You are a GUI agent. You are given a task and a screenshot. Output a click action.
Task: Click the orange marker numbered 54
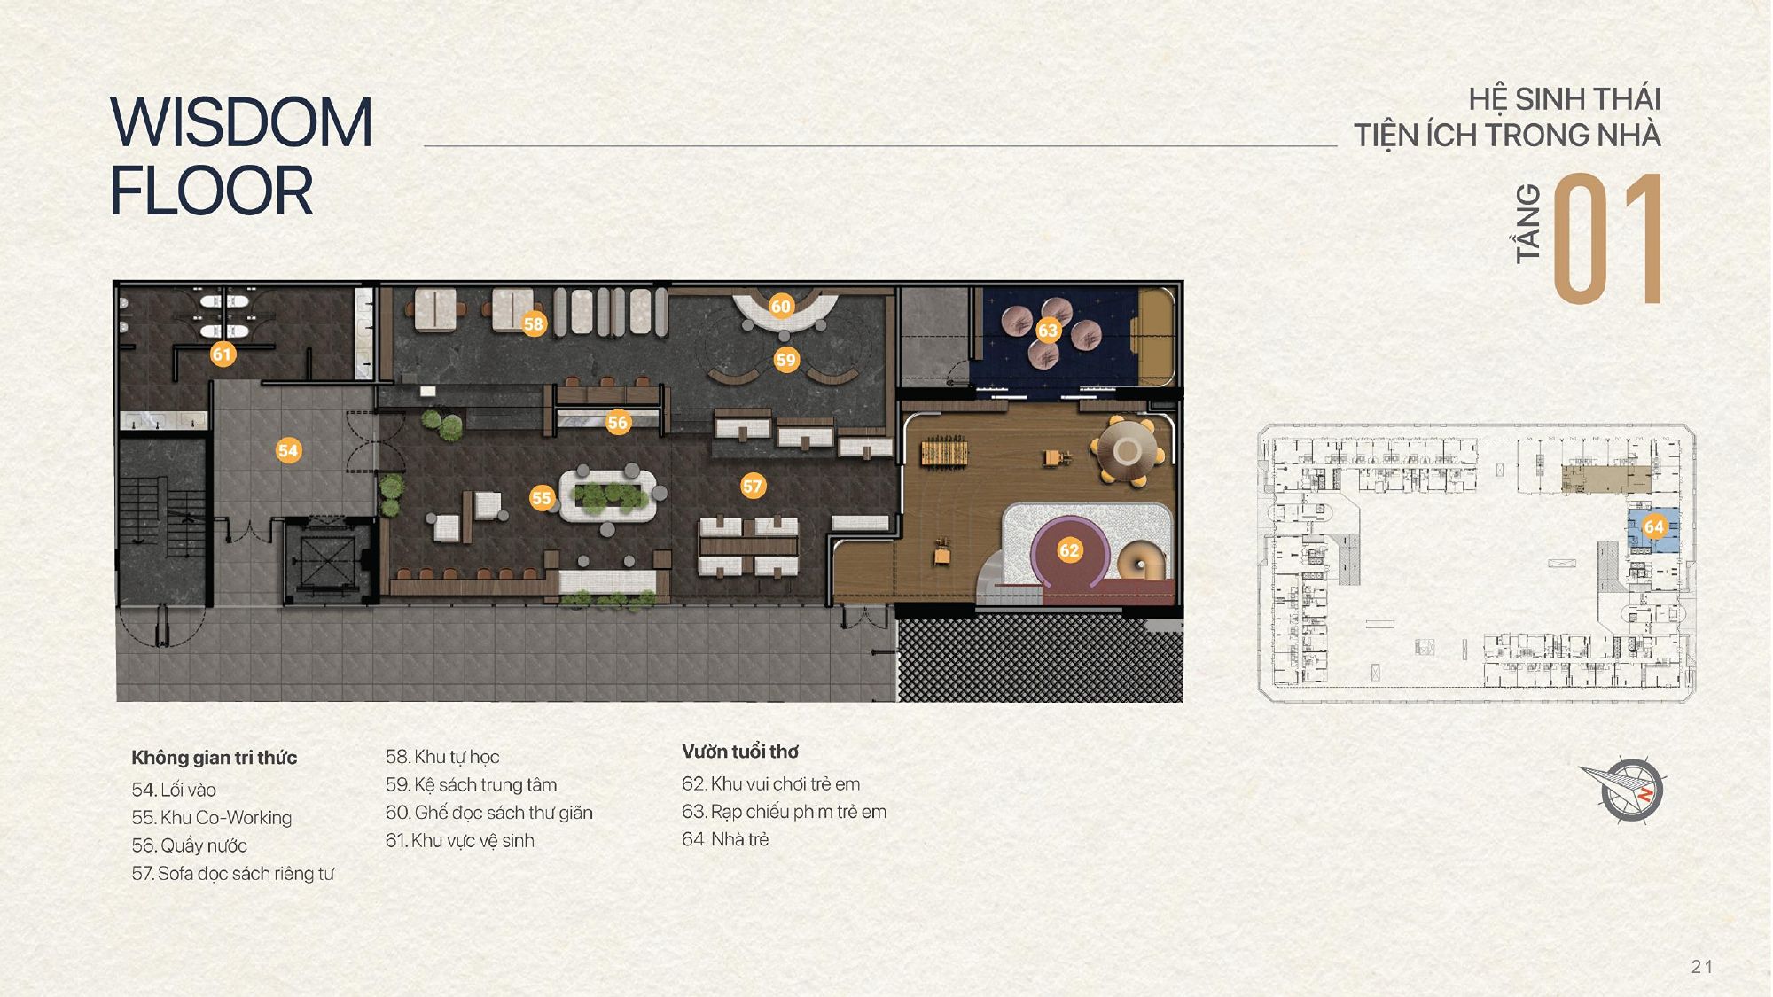click(x=287, y=450)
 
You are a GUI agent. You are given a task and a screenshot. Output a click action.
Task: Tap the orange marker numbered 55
click(x=541, y=497)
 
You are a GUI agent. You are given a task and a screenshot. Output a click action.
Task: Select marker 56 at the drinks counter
click(x=617, y=423)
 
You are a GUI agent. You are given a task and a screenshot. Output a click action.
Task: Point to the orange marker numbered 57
click(x=753, y=486)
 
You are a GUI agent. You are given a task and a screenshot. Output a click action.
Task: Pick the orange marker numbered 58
click(x=533, y=323)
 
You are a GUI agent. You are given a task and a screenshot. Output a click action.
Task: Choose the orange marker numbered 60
click(x=780, y=306)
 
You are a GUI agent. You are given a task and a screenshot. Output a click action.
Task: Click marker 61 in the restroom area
click(x=222, y=354)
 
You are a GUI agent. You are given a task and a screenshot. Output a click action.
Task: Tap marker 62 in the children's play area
click(x=1069, y=550)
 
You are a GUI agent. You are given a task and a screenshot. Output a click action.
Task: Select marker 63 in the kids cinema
click(x=1048, y=331)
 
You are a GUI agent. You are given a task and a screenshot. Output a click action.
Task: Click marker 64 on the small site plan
click(x=1654, y=526)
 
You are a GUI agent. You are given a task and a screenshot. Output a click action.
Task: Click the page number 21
click(x=1701, y=967)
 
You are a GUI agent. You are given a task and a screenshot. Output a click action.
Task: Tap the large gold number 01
click(x=1607, y=239)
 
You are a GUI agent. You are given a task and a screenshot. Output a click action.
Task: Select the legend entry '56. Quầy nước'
click(x=190, y=845)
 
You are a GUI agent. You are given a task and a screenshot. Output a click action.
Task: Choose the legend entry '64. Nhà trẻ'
click(x=725, y=839)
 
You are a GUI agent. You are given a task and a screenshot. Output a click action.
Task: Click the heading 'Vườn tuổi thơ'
click(x=740, y=752)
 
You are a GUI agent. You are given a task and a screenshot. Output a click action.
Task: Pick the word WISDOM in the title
click(x=241, y=122)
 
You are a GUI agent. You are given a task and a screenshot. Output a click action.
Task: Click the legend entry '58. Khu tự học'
click(x=442, y=757)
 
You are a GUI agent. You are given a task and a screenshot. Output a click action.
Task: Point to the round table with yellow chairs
click(x=1127, y=451)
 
